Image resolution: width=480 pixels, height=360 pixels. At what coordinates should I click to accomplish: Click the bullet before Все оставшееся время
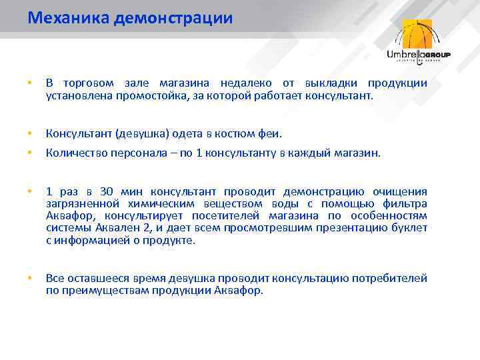point(29,279)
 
